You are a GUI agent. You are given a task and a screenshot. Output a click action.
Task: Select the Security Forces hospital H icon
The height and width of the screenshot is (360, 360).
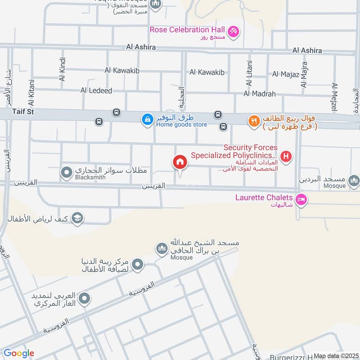coord(286,157)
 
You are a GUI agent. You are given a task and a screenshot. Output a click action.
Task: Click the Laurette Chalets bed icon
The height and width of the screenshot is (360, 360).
coord(301,198)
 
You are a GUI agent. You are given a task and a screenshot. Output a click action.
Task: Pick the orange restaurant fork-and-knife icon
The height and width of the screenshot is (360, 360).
coord(254,121)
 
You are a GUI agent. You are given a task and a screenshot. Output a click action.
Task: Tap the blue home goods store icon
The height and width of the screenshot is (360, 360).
coord(147,120)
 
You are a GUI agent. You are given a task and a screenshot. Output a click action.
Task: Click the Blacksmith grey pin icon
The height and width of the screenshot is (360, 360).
coord(67,172)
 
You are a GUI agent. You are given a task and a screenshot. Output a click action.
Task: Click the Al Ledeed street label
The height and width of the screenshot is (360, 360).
coord(96,90)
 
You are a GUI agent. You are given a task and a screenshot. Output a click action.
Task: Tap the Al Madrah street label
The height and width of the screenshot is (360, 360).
coord(260,94)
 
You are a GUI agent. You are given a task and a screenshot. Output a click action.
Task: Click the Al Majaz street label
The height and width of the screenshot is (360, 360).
coord(286,74)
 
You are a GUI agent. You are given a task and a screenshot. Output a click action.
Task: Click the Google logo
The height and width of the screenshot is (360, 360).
coord(19,353)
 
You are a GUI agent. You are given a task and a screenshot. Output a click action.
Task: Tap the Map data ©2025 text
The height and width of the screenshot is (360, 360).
coord(335,356)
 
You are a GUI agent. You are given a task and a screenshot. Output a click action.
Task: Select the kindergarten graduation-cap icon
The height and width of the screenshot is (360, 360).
coord(77,218)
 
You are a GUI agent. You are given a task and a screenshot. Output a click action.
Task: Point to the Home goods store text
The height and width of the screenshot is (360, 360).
coord(181,125)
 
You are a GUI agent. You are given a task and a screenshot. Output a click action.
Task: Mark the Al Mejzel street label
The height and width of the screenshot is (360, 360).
coord(334,97)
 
